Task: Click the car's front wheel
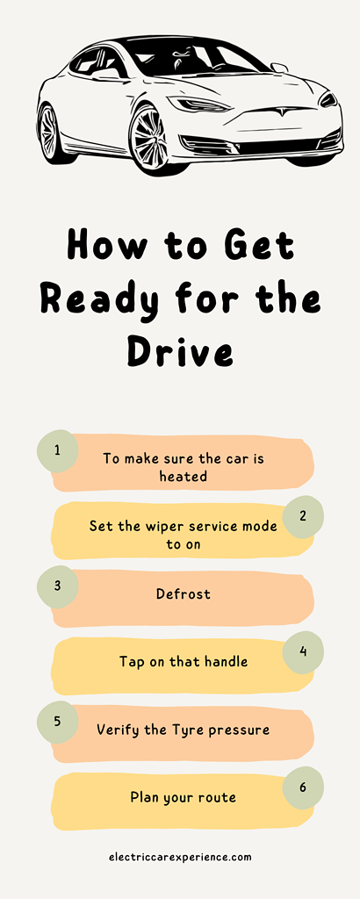coord(151,140)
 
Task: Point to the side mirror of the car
coord(279,68)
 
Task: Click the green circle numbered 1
coord(57,450)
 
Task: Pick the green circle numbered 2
coord(303,516)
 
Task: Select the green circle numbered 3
coord(57,586)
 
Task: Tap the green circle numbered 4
coord(303,652)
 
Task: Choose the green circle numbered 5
coord(57,722)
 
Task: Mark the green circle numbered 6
coord(303,788)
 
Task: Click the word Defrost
coord(184,593)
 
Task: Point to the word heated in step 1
coord(183,476)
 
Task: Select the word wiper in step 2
coord(152,527)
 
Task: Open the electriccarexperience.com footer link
coord(180,858)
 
